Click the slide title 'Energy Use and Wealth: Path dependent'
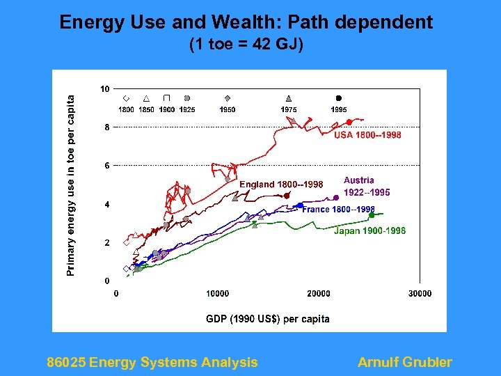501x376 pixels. [x=246, y=22]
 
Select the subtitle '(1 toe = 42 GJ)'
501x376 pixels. [x=246, y=46]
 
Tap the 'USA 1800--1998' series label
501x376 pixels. [x=367, y=135]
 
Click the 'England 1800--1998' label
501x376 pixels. [x=281, y=185]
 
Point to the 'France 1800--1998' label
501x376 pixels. [x=338, y=210]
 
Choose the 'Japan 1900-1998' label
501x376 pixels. [x=369, y=231]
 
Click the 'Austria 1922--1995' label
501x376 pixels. [x=367, y=186]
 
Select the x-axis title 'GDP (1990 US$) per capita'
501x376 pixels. [x=268, y=319]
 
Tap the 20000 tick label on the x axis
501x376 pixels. [x=319, y=294]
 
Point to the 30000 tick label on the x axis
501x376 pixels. [x=420, y=294]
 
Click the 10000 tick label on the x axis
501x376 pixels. [x=217, y=294]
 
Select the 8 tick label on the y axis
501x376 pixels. [x=106, y=127]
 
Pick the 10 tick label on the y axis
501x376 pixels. [x=104, y=89]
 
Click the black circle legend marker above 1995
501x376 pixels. [x=339, y=98]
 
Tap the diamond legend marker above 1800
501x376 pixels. [x=126, y=98]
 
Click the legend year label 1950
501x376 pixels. [x=228, y=109]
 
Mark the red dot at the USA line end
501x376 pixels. [x=349, y=123]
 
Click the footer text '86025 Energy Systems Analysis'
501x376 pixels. [x=152, y=362]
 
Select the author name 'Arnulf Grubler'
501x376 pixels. [x=404, y=362]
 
